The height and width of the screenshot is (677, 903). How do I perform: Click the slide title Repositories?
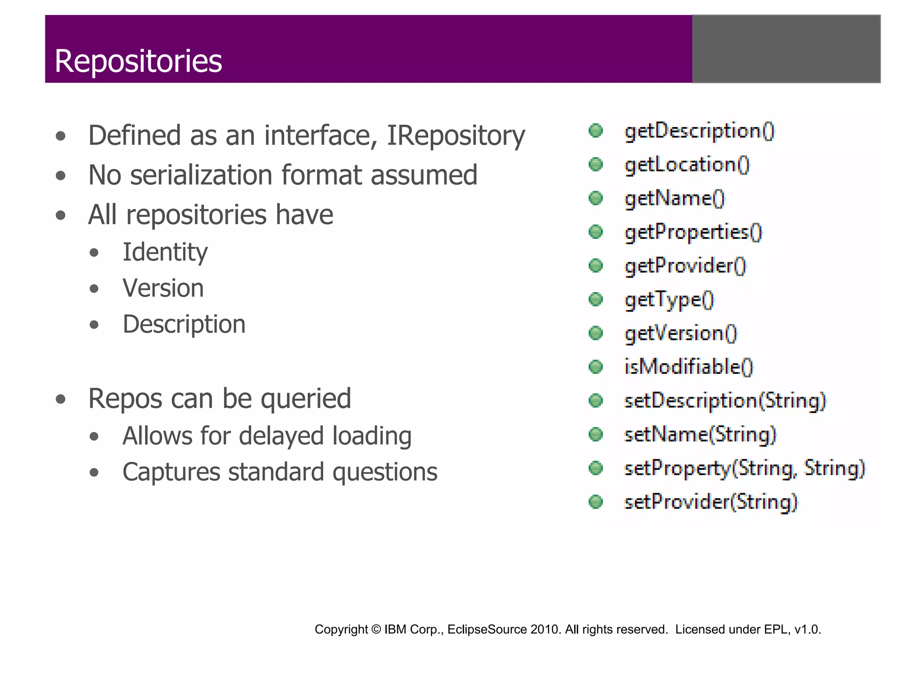click(138, 61)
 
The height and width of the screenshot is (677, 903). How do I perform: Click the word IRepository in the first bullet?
click(455, 135)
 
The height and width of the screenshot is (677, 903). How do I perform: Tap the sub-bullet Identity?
click(165, 252)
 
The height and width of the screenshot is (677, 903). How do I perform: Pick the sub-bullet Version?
click(163, 288)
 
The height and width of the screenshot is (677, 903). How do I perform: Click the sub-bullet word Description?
click(184, 324)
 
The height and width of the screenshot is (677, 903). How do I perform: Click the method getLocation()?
click(687, 165)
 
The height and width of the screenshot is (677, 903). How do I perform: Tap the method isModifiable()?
click(689, 367)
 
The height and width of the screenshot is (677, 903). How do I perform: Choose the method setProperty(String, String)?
click(745, 468)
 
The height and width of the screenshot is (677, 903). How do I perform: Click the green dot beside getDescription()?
click(596, 130)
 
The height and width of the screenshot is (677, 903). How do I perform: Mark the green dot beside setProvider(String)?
click(596, 502)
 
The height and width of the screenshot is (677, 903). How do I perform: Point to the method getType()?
click(669, 300)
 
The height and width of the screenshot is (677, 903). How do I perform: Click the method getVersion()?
click(681, 333)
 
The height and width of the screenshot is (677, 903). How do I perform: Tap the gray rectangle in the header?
click(786, 49)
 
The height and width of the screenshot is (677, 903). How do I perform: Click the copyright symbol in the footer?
click(376, 629)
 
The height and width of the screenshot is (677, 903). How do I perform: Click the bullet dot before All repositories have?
click(61, 216)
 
